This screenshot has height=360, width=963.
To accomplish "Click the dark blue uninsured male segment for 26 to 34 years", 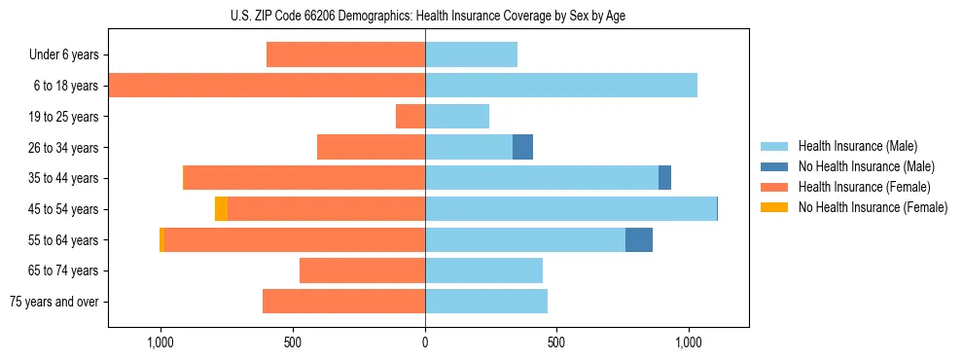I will click(x=523, y=147).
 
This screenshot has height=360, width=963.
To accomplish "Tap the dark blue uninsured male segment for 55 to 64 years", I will click(x=639, y=240).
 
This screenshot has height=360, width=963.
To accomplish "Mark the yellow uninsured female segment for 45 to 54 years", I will click(x=221, y=209).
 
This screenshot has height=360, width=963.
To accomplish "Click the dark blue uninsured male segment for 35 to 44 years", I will click(x=664, y=178).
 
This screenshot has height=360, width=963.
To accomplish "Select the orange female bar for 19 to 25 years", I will click(x=410, y=117).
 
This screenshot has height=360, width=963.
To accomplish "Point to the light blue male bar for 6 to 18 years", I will click(x=561, y=86).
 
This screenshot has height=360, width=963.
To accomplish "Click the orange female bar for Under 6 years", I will click(x=345, y=55).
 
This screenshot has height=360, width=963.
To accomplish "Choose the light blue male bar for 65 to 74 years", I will click(x=483, y=270).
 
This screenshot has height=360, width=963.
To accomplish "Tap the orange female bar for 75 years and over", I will click(x=343, y=302).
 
